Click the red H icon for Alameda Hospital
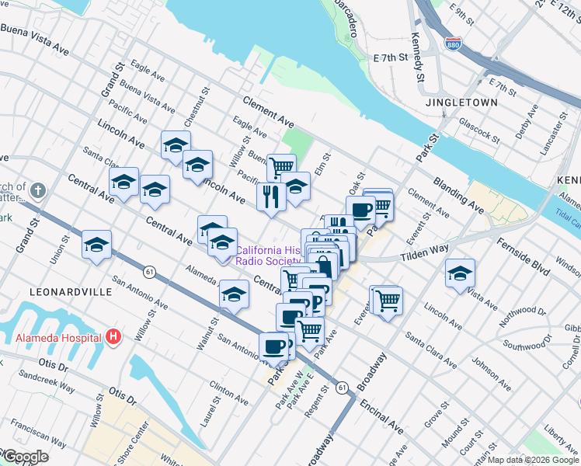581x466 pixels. click(113, 337)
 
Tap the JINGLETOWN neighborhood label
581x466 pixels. click(455, 103)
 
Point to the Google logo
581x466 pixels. click(25, 457)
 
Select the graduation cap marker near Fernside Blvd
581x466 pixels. click(460, 273)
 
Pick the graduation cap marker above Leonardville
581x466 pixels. click(96, 245)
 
